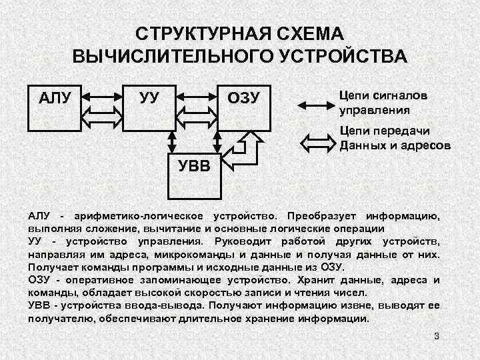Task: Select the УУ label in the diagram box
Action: point(149,98)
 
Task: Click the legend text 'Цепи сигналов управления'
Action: point(383,102)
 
